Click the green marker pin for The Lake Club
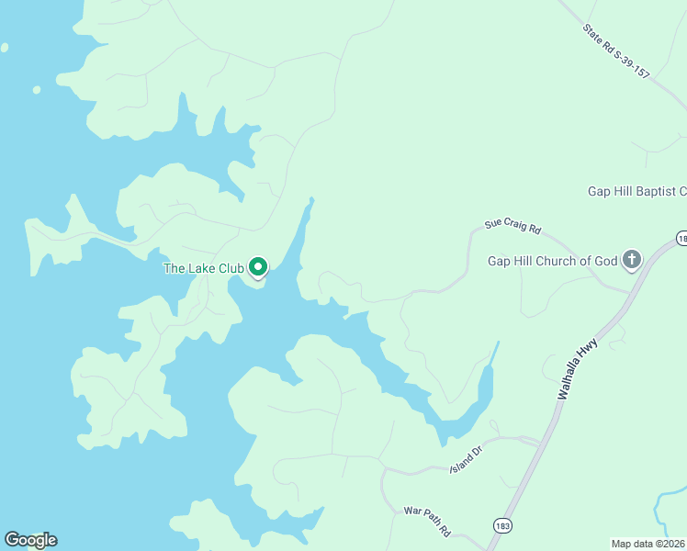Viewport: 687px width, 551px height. tap(258, 267)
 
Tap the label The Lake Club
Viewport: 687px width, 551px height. tap(203, 268)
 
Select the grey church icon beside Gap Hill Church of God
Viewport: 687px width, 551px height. tap(631, 260)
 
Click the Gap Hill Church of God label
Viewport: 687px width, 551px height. tap(552, 261)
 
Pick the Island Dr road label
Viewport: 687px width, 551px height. tap(466, 461)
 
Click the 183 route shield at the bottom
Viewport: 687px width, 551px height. tap(501, 525)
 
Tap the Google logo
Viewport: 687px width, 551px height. tap(30, 540)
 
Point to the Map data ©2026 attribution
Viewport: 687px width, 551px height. tap(648, 543)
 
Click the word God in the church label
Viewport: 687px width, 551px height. tap(604, 261)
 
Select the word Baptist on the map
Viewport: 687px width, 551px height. tap(656, 192)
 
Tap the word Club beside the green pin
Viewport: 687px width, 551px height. tap(230, 268)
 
